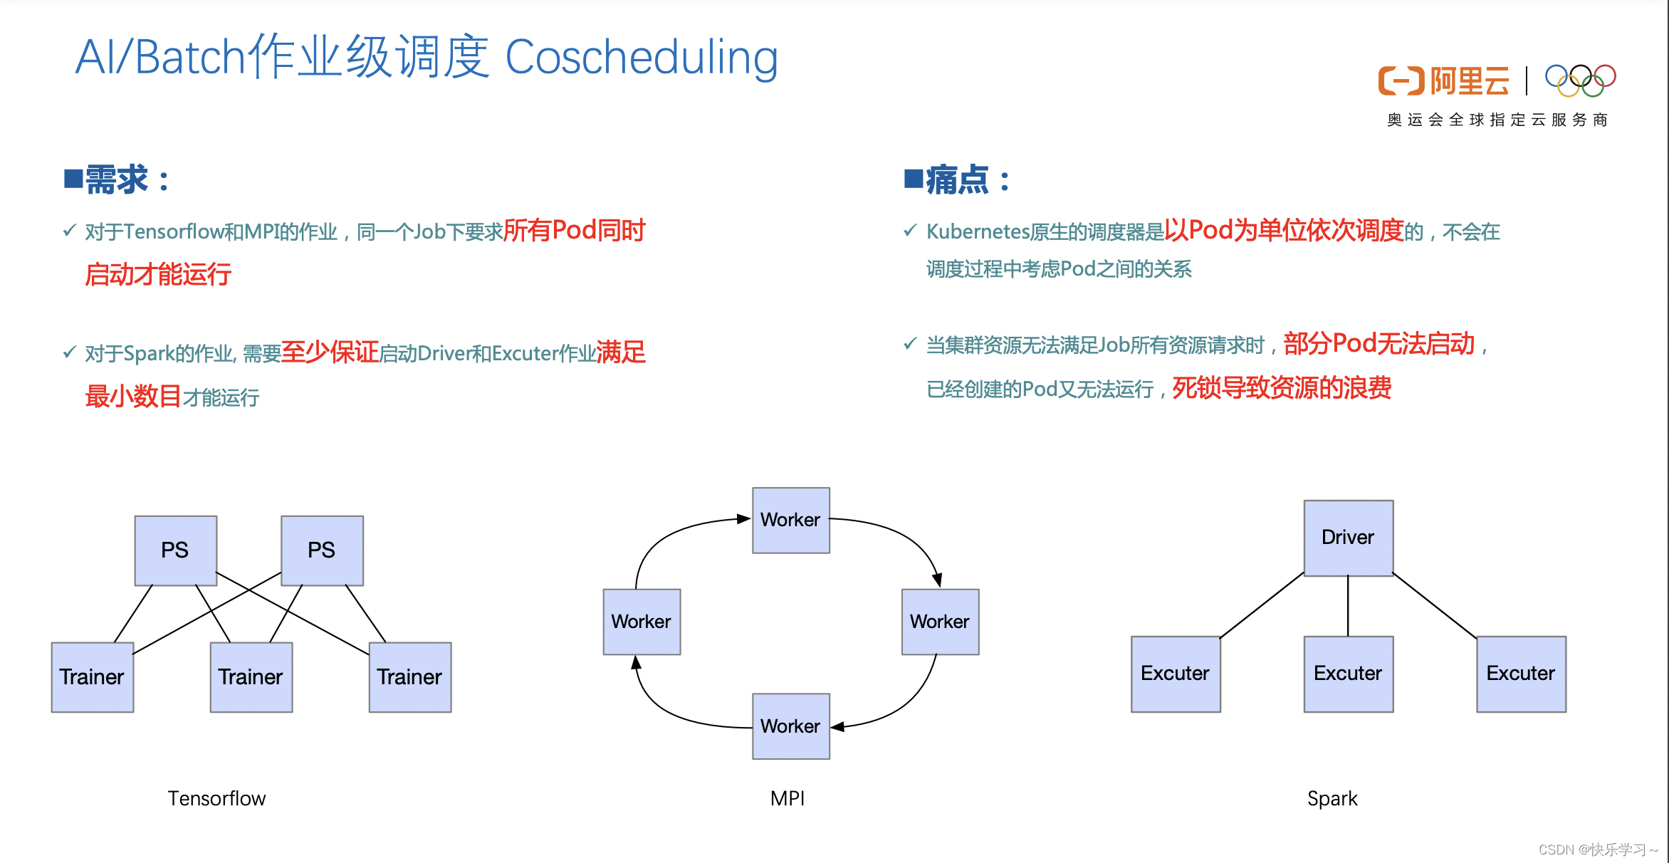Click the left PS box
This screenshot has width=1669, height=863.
(175, 550)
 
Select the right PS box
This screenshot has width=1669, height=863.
(322, 550)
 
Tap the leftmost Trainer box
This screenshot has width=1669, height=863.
(92, 676)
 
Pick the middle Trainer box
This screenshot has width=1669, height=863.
(251, 676)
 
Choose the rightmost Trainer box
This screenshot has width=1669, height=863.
(409, 676)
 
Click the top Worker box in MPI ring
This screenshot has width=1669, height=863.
(790, 520)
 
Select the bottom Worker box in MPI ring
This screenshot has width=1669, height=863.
(790, 726)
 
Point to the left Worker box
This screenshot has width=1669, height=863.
(641, 622)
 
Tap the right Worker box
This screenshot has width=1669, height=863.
(940, 622)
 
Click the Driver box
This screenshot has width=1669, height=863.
(1348, 538)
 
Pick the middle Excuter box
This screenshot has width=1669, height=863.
(1348, 674)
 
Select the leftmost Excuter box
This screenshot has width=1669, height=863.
(1175, 674)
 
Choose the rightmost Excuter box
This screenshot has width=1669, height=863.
(1521, 674)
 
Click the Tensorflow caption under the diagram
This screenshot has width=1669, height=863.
(216, 799)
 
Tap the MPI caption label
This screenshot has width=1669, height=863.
(788, 799)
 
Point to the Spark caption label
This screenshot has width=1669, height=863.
(1332, 799)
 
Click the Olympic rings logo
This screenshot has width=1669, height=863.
(1580, 80)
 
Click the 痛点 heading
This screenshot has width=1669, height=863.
(958, 179)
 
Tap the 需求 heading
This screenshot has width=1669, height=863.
(117, 179)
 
